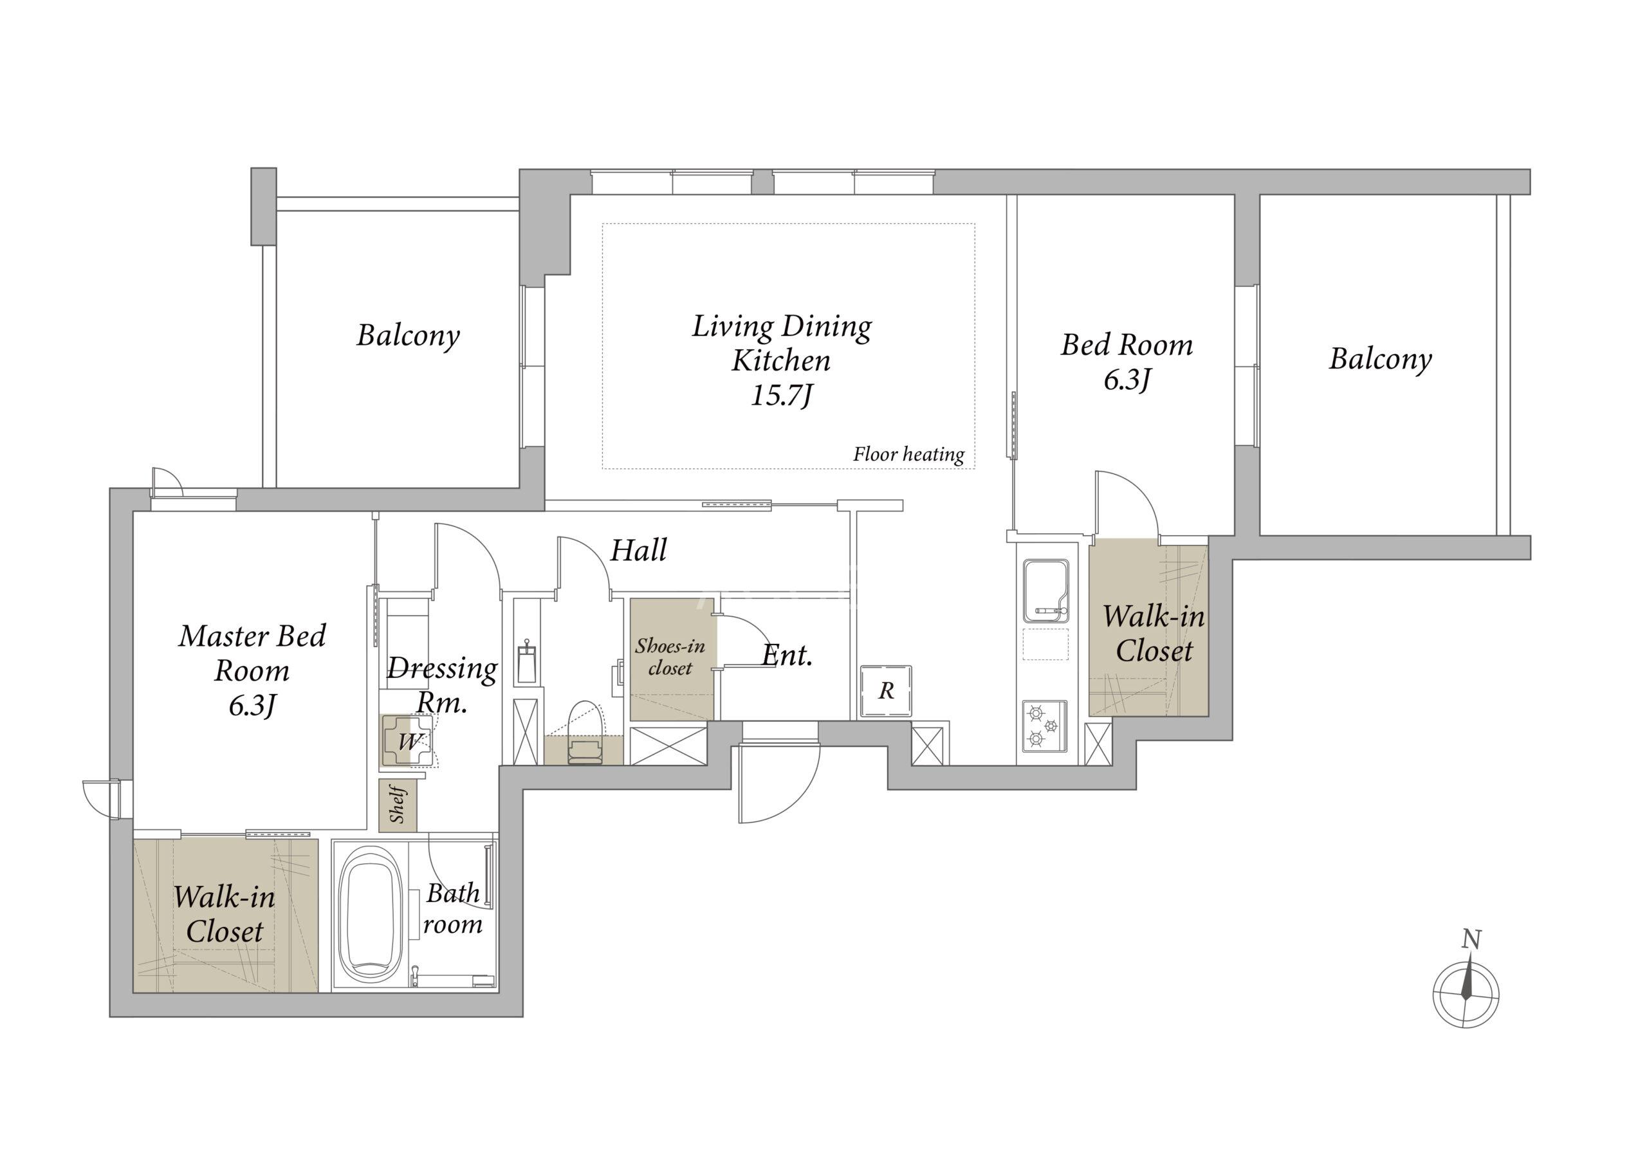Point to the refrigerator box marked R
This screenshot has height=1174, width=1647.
click(886, 691)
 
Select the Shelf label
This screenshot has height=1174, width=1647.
click(398, 805)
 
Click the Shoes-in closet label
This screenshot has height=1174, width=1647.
click(670, 656)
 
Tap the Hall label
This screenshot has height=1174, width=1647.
click(638, 550)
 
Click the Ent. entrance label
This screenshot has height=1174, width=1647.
click(787, 655)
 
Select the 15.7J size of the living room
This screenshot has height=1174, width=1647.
click(782, 396)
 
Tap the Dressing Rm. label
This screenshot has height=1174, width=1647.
click(442, 684)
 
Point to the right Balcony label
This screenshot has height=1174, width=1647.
click(1380, 358)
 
